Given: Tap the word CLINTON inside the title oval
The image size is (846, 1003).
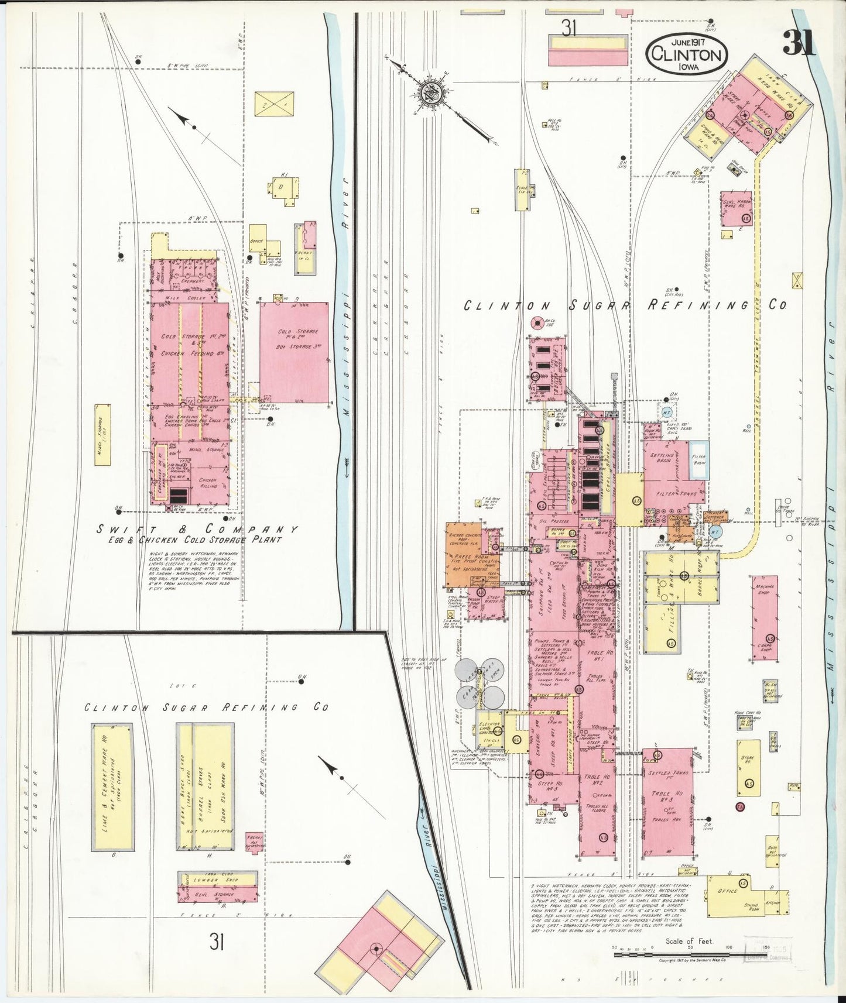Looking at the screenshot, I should [x=687, y=55].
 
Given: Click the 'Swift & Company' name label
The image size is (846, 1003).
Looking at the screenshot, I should [x=198, y=529].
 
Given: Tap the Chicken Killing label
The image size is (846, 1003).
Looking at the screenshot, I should [x=208, y=482].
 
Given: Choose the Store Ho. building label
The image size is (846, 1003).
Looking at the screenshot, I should [x=748, y=761].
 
